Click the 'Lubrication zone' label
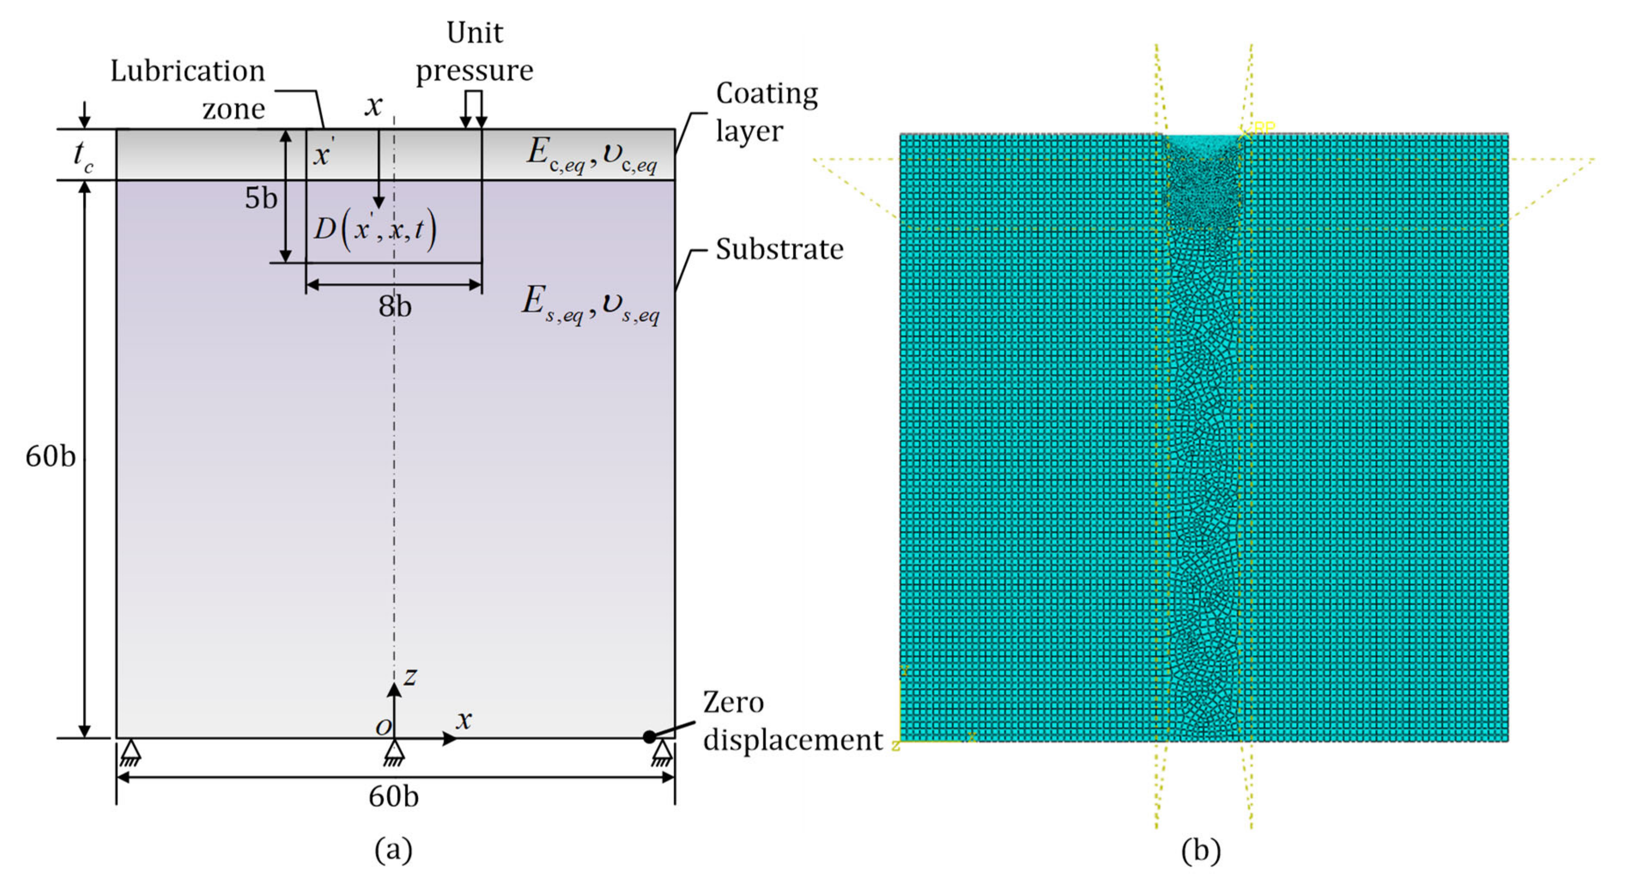pos(188,89)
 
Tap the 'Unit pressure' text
pos(474,52)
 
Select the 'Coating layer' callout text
pos(766,112)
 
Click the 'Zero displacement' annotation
pos(792,721)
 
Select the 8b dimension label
pos(395,307)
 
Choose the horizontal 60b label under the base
pos(394,797)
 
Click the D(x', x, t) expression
pos(375,229)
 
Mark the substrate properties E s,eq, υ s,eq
pos(590,305)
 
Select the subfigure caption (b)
pos(1200,850)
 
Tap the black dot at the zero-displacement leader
pos(649,737)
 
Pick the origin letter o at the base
pos(383,727)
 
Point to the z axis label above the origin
pos(411,677)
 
